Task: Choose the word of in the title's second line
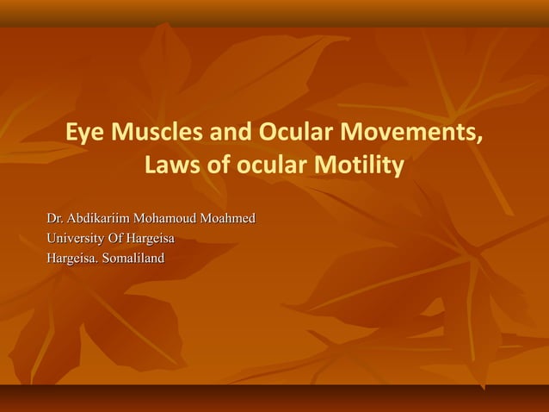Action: pyautogui.click(x=221, y=164)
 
